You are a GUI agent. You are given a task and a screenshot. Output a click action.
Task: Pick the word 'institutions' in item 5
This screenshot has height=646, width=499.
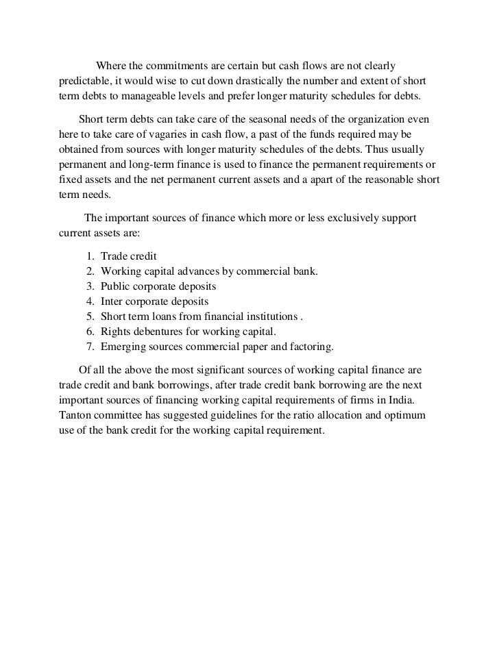click(x=270, y=316)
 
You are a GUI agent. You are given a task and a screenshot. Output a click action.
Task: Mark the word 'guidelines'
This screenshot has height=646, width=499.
click(x=232, y=418)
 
